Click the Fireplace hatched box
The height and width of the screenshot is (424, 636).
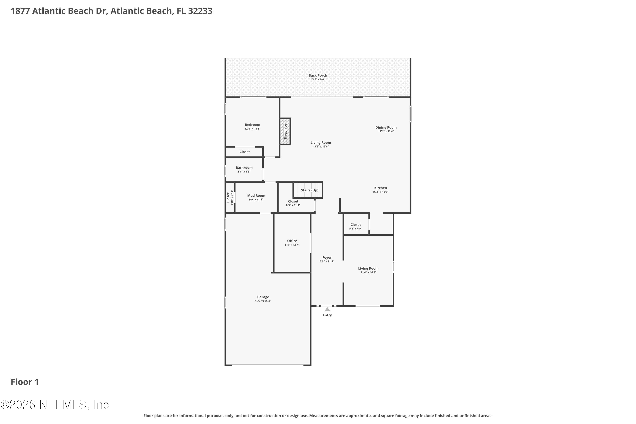coord(285,131)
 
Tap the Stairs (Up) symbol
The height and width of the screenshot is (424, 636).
coord(308,190)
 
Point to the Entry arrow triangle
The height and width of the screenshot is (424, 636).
coord(327,309)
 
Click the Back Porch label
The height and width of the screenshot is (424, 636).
coord(318,75)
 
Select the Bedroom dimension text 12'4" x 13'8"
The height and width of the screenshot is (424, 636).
coord(252,129)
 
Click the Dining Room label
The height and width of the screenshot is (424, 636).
coord(386,127)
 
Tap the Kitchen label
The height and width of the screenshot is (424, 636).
coord(381,188)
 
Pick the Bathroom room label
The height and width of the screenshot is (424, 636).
coord(244,168)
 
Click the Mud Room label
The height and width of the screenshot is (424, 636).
coord(256,195)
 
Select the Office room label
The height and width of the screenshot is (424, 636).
coord(292,241)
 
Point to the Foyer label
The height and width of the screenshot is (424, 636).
coord(327,258)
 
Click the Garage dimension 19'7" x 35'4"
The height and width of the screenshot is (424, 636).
coord(263,301)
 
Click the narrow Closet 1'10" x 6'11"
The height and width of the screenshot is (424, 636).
coord(230,197)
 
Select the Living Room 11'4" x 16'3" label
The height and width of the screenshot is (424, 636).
coord(368,269)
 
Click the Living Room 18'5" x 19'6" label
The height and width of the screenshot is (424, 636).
coord(321,142)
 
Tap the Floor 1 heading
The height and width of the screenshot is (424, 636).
coord(25,382)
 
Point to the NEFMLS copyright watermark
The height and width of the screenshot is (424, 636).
coord(55,405)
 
